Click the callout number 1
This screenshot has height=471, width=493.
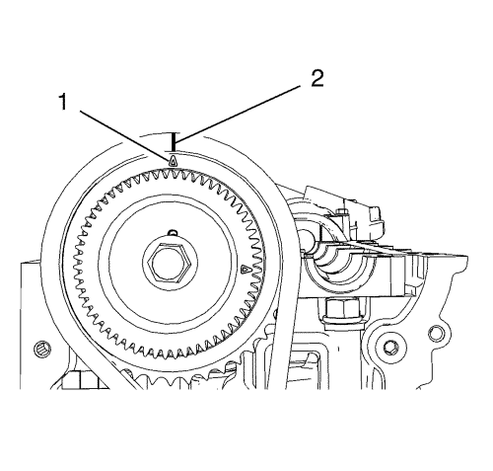pyautogui.click(x=62, y=102)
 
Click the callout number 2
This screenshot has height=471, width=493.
pyautogui.click(x=317, y=79)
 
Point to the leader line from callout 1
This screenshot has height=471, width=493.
pyautogui.click(x=125, y=134)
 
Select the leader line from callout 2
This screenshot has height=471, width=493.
pyautogui.click(x=238, y=115)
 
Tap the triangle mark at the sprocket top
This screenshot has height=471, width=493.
pyautogui.click(x=173, y=161)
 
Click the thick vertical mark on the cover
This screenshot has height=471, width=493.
pyautogui.click(x=174, y=142)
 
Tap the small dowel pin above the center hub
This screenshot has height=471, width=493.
pyautogui.click(x=173, y=232)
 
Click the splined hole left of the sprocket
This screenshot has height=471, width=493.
pyautogui.click(x=43, y=349)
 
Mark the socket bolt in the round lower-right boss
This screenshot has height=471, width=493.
pyautogui.click(x=392, y=348)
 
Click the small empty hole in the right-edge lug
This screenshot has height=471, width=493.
pyautogui.click(x=436, y=333)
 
